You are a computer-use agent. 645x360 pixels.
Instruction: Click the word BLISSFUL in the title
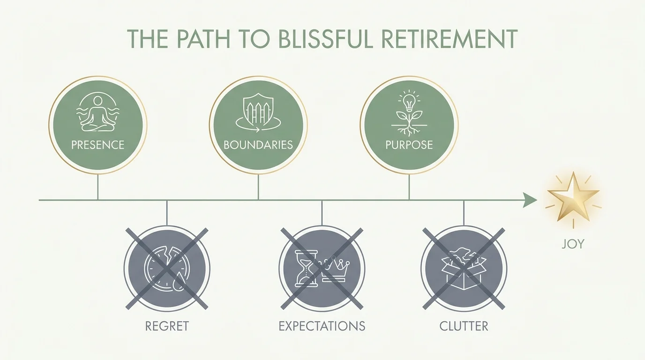[326, 38]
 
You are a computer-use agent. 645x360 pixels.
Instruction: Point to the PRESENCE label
[97, 145]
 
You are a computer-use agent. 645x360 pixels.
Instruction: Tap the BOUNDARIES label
[258, 145]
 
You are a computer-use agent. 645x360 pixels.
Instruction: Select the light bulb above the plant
[409, 101]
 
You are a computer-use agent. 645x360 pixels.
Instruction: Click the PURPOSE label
[409, 145]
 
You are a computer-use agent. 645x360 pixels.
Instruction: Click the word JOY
[573, 244]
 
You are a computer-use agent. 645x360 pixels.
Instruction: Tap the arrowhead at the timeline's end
[530, 200]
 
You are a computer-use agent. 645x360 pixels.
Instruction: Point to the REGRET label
[167, 326]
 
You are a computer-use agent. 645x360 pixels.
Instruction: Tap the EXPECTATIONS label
[322, 326]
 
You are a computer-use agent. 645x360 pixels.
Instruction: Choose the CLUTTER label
[464, 326]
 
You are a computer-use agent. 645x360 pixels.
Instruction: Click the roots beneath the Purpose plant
[409, 131]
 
